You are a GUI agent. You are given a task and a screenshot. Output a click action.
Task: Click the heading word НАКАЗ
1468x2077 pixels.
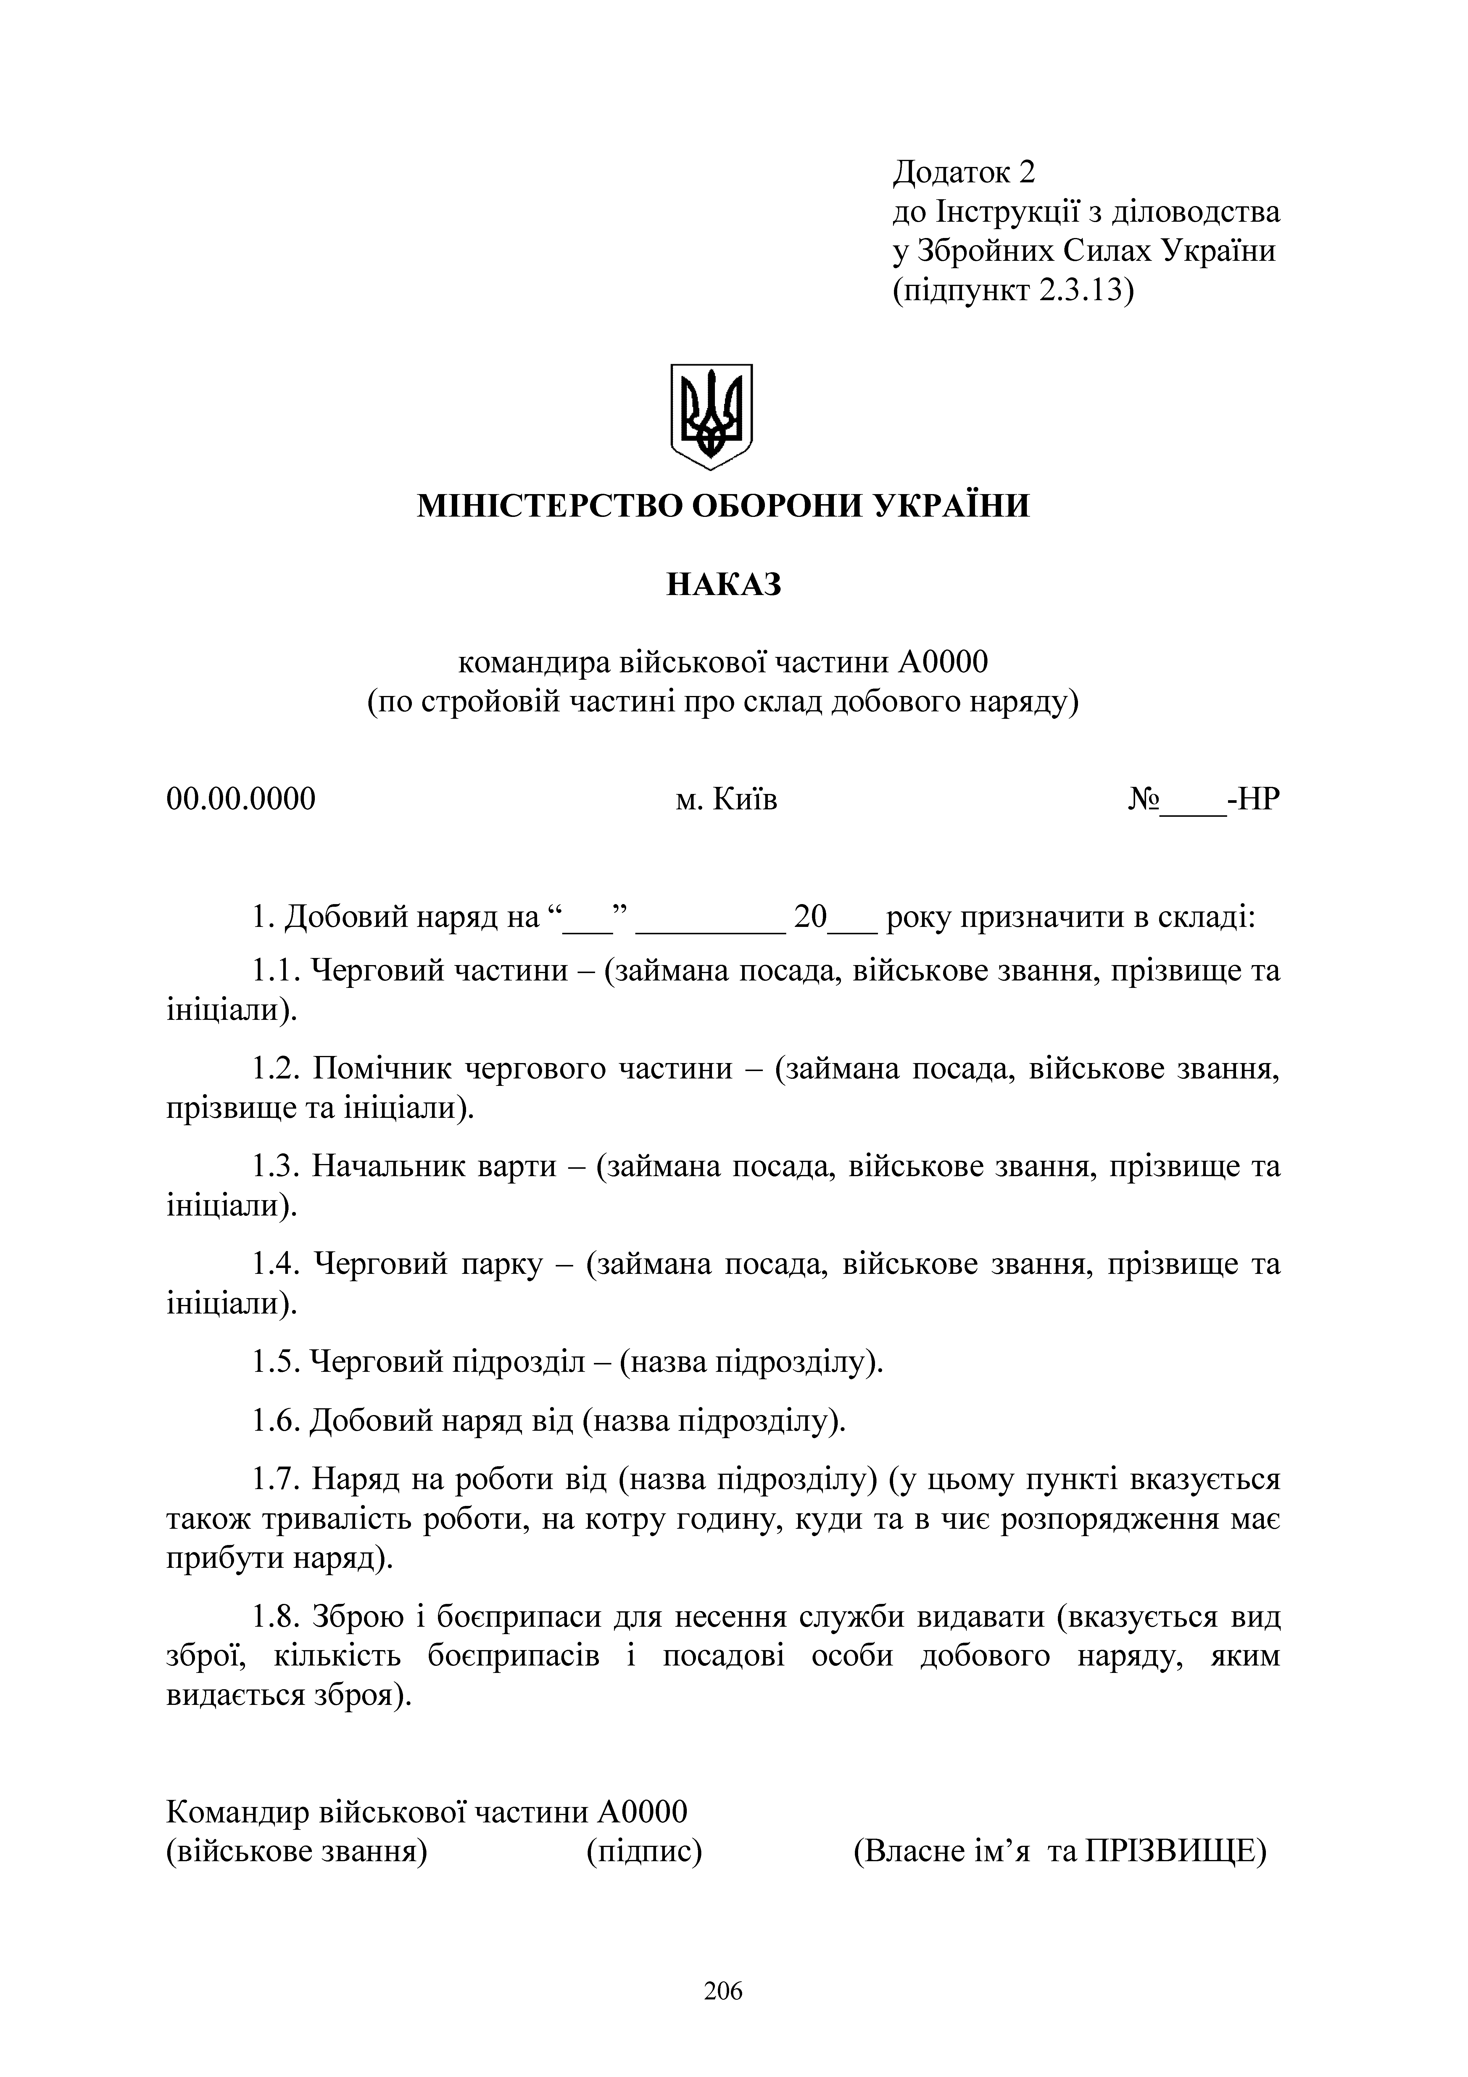click(723, 585)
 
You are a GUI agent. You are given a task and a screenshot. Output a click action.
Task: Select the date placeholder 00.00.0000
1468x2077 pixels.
click(241, 800)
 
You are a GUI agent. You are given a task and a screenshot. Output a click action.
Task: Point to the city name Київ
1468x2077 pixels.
click(745, 800)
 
